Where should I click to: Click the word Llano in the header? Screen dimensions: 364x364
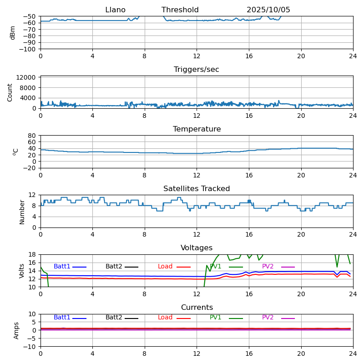point(115,10)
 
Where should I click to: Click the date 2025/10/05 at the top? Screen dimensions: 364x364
point(268,10)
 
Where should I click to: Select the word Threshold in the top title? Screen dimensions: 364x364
point(180,10)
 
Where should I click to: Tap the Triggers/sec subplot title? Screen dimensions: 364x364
point(197,70)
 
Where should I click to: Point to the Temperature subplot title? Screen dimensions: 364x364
point(197,129)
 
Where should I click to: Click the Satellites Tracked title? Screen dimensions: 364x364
point(197,189)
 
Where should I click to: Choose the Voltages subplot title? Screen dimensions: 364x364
point(197,248)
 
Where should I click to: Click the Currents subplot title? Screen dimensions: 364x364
point(197,308)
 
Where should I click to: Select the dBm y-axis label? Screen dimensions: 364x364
point(13,32)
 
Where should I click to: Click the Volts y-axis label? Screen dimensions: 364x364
point(22,271)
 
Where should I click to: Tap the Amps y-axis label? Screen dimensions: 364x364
point(17,330)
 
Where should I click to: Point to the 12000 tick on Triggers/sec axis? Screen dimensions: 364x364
point(26,78)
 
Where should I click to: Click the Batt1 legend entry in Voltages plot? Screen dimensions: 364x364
point(62,267)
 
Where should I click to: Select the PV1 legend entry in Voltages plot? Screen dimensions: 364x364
point(216,267)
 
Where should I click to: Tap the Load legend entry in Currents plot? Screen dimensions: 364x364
point(165,318)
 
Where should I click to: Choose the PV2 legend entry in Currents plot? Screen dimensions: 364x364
point(268,318)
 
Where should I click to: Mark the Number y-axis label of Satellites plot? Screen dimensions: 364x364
point(22,212)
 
